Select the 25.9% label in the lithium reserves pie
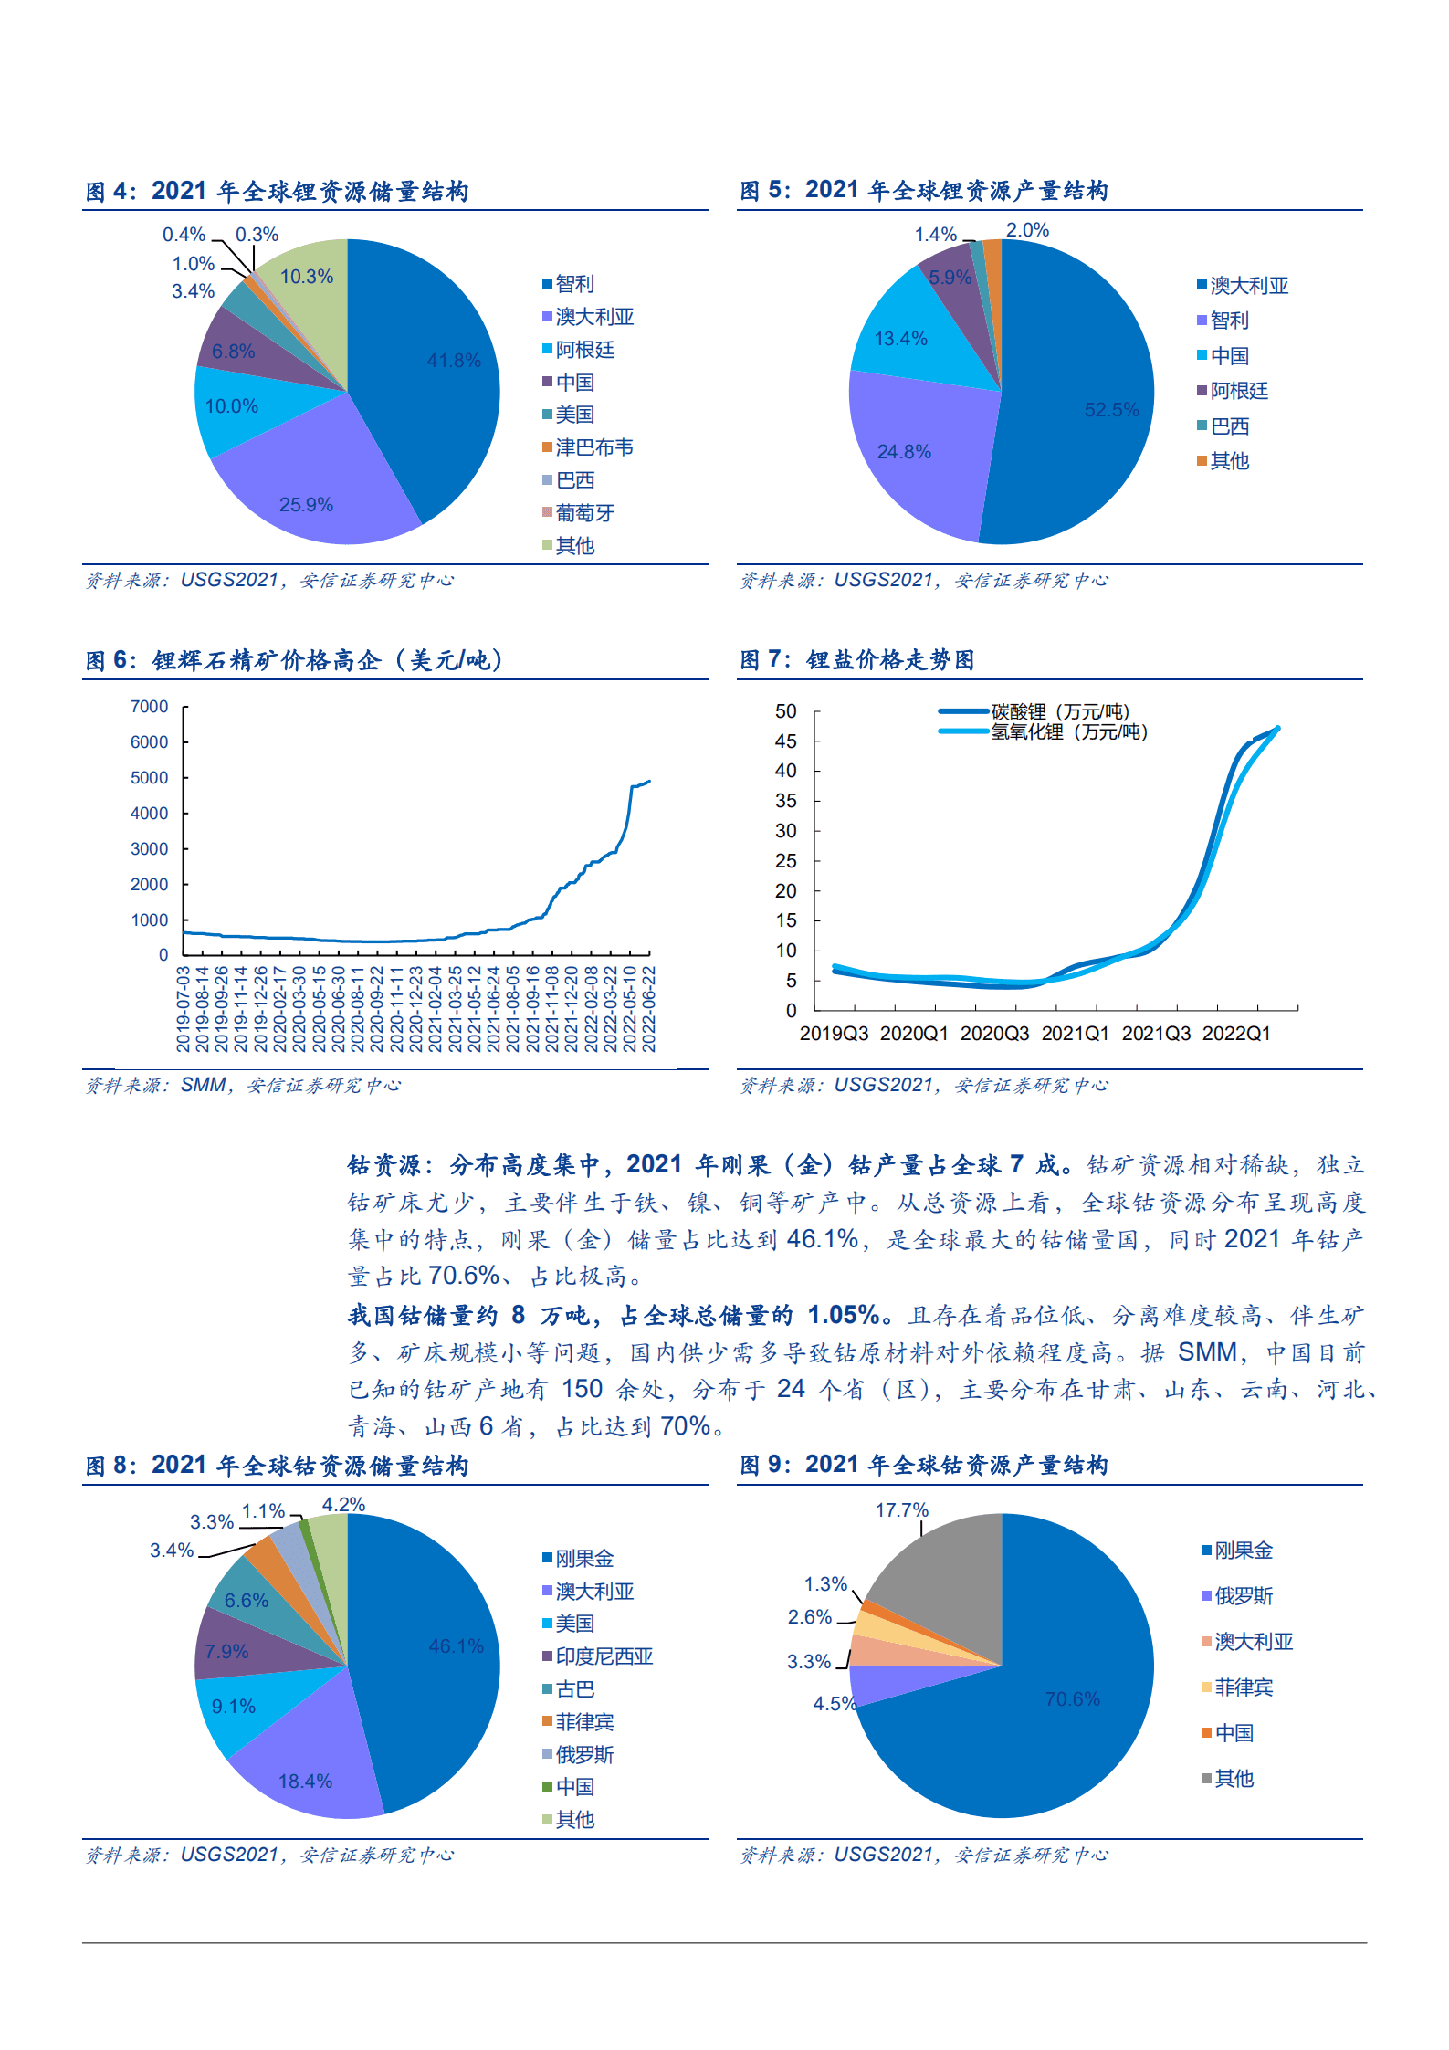pos(306,505)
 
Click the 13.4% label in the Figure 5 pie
pos(900,339)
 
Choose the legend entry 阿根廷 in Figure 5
pos(1238,391)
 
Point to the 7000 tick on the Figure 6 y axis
pos(150,707)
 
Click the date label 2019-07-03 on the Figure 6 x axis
pos(184,1009)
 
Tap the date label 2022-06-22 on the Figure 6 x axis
pos(649,1009)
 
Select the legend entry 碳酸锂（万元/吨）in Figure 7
pos(1060,711)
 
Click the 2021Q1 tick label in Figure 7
pos(1075,1034)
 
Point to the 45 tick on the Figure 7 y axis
pos(785,741)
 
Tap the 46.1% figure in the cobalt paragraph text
pos(822,1239)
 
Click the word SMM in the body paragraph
pos(1207,1351)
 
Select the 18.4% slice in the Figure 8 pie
pos(306,1782)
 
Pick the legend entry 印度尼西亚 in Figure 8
pos(604,1656)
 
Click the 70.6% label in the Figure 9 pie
pos(1072,1699)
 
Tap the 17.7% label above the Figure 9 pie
pos(901,1510)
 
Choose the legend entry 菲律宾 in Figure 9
pos(1243,1687)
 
